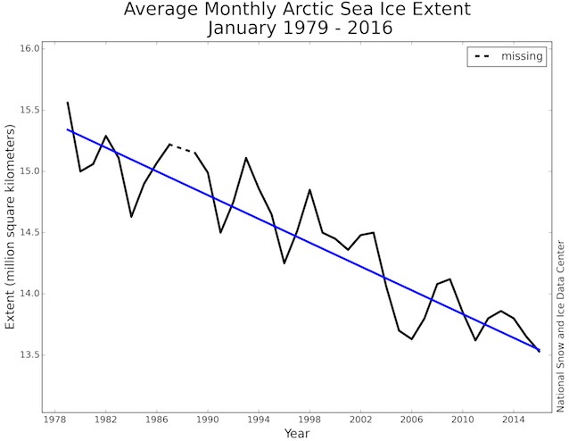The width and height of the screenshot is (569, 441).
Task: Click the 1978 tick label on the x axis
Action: pyautogui.click(x=55, y=418)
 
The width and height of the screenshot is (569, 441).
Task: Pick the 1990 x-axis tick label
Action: pyautogui.click(x=208, y=418)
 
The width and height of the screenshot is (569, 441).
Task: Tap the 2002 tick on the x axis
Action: pyautogui.click(x=361, y=418)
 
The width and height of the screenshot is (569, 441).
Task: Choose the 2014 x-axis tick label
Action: pyautogui.click(x=514, y=418)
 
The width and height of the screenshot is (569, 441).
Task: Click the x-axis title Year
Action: pyautogui.click(x=297, y=433)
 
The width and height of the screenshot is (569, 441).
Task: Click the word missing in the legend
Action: pyautogui.click(x=522, y=57)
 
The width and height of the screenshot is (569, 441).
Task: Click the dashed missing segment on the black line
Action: pyautogui.click(x=182, y=148)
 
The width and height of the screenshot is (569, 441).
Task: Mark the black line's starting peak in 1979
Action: pyautogui.click(x=68, y=102)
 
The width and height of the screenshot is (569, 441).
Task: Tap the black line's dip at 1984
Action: pyautogui.click(x=131, y=217)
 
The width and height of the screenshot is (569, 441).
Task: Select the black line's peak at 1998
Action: pyautogui.click(x=309, y=189)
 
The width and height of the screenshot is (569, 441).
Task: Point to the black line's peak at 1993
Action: pyautogui.click(x=246, y=157)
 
